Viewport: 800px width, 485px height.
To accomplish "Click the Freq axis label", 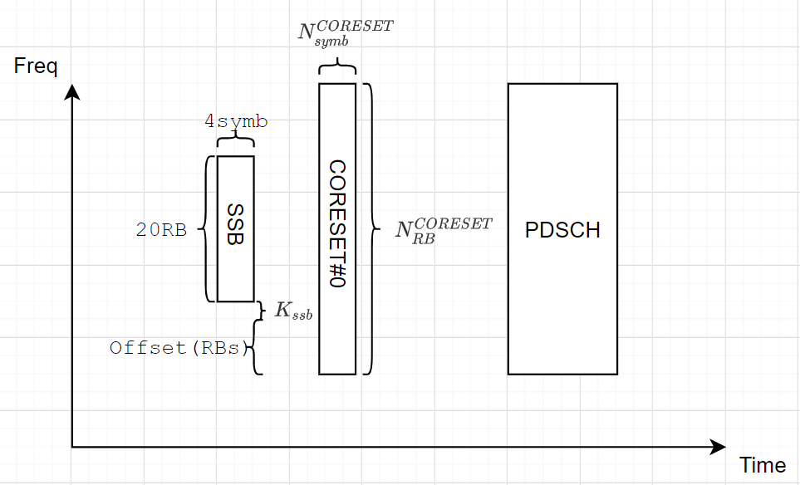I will click(36, 66).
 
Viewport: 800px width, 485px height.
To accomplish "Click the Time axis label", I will click(762, 465).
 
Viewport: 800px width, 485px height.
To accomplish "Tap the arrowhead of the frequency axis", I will click(73, 91).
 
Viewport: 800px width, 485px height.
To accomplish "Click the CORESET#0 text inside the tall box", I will click(336, 224).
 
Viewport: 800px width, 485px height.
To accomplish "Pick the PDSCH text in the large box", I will click(562, 230).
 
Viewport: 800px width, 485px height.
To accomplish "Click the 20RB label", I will click(161, 231).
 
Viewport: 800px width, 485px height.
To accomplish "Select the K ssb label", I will click(293, 311).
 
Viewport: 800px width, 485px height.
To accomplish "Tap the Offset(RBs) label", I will click(179, 348).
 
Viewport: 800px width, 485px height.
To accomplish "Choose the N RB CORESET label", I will click(444, 228).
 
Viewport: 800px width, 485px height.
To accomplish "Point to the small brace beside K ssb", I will click(262, 311).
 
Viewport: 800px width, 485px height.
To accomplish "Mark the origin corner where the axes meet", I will click(73, 448).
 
